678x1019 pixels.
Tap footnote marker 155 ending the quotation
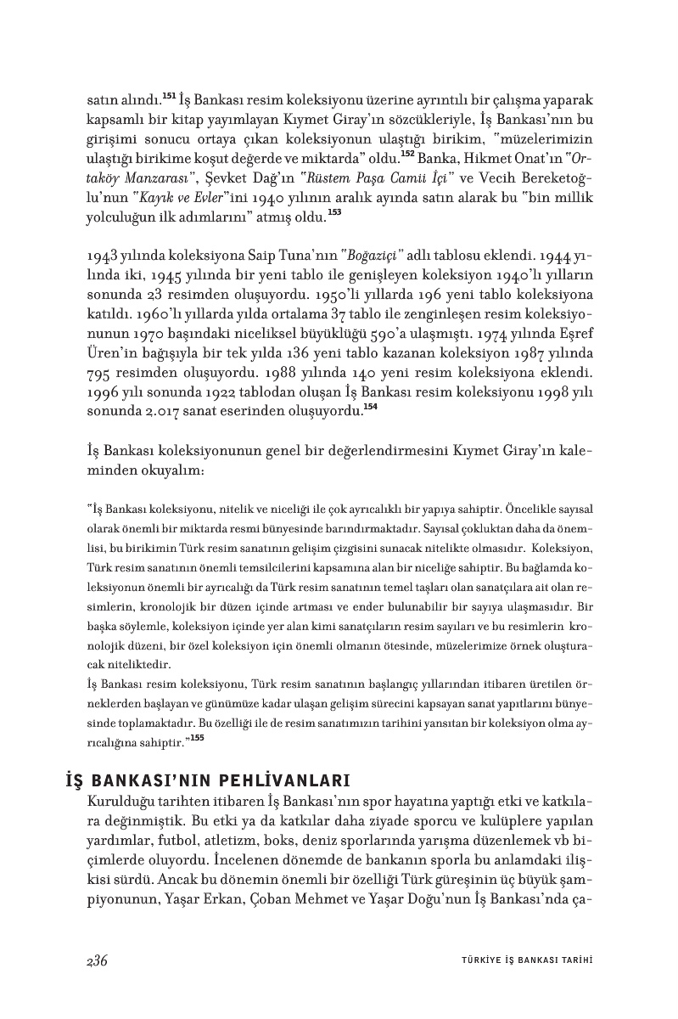197,738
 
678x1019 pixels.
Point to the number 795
104,374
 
